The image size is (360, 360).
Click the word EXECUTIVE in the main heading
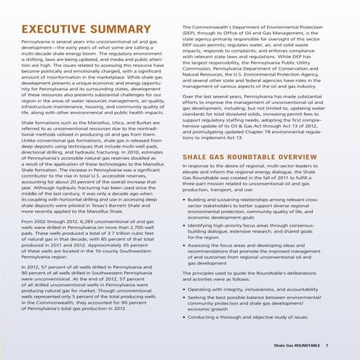[x=50, y=29]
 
